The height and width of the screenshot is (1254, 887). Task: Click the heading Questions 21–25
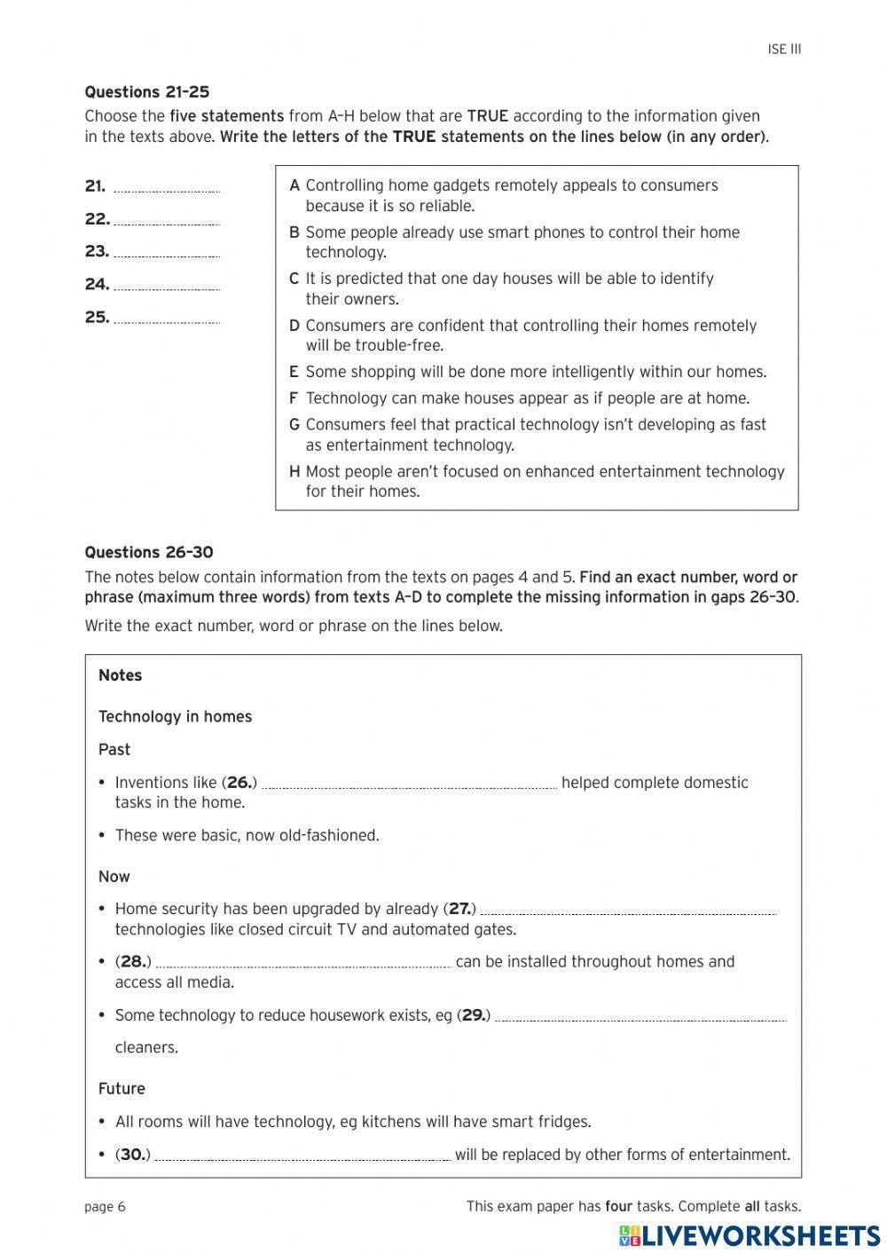tap(146, 92)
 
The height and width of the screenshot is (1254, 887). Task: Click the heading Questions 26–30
tap(148, 553)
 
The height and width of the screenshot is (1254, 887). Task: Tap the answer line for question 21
tap(167, 188)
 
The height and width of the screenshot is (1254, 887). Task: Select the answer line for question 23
tap(167, 254)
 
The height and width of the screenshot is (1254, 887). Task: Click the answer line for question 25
tap(167, 319)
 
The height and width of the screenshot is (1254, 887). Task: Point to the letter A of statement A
tap(294, 186)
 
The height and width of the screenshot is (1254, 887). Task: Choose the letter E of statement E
tap(294, 373)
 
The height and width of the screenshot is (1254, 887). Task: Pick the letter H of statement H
tap(294, 472)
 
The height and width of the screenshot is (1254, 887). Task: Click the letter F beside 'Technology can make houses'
tap(294, 398)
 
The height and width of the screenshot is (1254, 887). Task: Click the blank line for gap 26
tap(409, 785)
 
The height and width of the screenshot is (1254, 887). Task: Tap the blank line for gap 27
tap(628, 911)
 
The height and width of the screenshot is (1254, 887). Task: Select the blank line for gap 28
tap(302, 965)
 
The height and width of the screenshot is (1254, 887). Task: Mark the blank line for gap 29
tap(640, 1018)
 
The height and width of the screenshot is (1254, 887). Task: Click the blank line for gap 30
tap(302, 1157)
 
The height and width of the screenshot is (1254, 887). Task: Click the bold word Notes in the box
tap(121, 675)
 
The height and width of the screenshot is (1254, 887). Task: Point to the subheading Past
tap(114, 750)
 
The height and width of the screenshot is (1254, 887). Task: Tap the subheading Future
tap(122, 1089)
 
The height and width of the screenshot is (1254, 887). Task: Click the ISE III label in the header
tap(784, 50)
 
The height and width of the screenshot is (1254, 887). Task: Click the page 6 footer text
tap(105, 1207)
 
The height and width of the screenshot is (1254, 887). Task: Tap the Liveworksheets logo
tap(749, 1235)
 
